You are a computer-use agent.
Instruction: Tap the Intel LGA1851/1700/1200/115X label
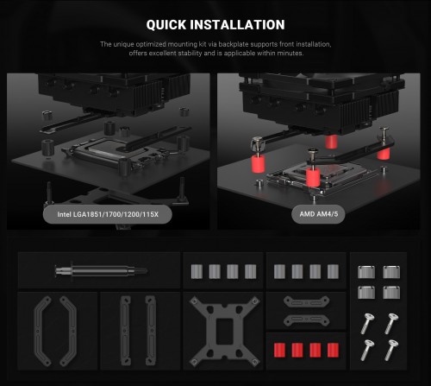(x=108, y=214)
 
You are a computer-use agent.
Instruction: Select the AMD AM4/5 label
(x=318, y=214)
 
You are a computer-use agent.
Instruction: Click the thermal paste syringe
(x=101, y=270)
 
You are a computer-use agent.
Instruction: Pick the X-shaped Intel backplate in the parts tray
(x=224, y=331)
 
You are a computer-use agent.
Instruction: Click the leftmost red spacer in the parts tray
(x=279, y=350)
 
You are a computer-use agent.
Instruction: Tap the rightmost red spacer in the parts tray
(x=333, y=350)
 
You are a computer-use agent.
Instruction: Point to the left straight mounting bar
(x=125, y=331)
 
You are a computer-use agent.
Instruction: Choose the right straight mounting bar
(x=151, y=331)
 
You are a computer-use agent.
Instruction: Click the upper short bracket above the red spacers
(x=306, y=302)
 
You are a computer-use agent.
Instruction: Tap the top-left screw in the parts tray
(x=366, y=324)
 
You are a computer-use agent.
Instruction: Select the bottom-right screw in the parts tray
(x=391, y=350)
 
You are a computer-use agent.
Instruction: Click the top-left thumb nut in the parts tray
(x=366, y=272)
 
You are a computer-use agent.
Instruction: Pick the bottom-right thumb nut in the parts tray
(x=391, y=292)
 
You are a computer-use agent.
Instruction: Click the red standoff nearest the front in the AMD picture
(x=313, y=178)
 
